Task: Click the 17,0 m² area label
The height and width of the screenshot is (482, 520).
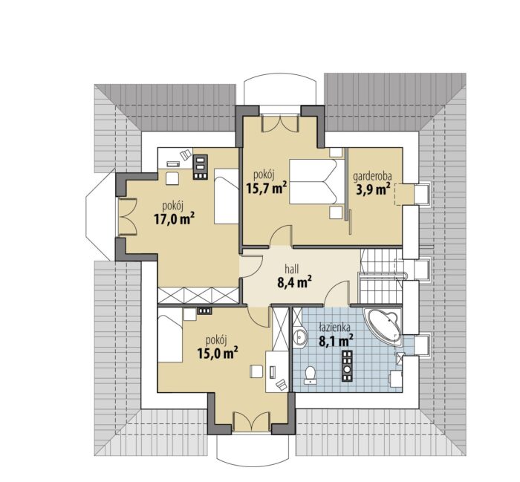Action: pos(174,219)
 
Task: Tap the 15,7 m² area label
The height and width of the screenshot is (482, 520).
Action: pos(267,188)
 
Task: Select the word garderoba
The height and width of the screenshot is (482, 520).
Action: pos(372,177)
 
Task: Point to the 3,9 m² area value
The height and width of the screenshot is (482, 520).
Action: pos(374,189)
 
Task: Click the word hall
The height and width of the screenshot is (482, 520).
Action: pos(291,269)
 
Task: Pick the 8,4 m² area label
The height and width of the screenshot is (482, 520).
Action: pos(294,282)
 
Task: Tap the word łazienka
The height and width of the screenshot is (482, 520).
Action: pos(334,328)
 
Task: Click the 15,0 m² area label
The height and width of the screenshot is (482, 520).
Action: pos(218,353)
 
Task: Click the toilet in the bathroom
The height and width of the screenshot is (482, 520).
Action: pos(311,375)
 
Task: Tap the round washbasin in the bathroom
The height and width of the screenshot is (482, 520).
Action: pos(300,338)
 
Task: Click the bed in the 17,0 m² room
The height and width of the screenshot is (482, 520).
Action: pos(227,196)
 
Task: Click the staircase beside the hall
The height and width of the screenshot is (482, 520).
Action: pos(380,276)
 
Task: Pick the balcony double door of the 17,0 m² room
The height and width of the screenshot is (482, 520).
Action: pos(127,217)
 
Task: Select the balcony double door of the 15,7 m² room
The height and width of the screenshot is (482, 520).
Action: pos(281,123)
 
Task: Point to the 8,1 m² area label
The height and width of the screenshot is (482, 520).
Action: pos(336,340)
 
